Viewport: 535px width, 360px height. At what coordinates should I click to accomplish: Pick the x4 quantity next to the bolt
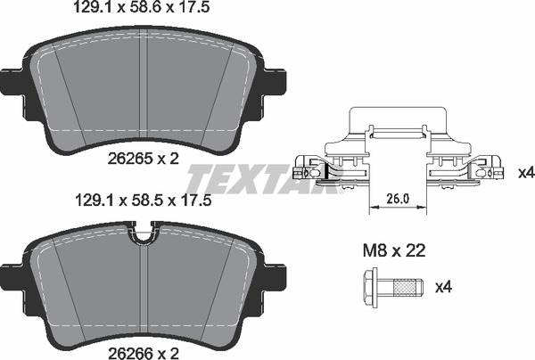(x=442, y=287)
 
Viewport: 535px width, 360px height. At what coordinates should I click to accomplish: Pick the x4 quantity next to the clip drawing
(x=524, y=170)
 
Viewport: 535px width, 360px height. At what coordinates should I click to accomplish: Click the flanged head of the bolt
(x=372, y=288)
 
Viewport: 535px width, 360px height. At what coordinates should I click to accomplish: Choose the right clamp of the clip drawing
(x=464, y=168)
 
